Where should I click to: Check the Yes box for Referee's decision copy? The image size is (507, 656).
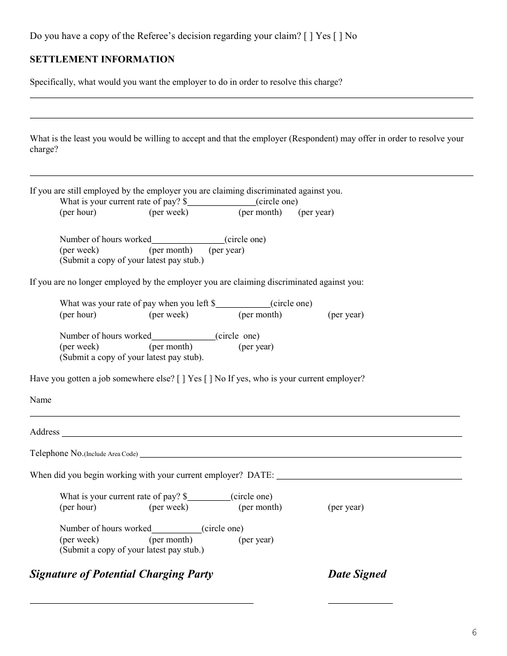pos(307,36)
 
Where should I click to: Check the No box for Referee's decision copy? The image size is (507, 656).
pos(337,36)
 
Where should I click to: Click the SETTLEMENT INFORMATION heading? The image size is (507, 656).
pos(102,60)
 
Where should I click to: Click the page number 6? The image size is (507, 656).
pos(474,633)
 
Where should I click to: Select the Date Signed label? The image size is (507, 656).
pos(357,574)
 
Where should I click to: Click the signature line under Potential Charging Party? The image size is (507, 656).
pos(141,603)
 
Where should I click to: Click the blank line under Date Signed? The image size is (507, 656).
pos(360,603)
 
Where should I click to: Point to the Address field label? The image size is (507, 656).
pos(45,432)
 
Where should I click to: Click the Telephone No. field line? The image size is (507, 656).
pos(300,457)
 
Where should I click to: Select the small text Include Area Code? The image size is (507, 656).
pos(111,454)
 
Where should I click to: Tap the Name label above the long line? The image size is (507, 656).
pos(41,400)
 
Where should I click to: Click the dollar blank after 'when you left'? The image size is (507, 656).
pos(243,307)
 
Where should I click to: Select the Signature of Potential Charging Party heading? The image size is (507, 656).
pos(121,574)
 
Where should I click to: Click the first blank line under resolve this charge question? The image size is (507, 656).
pos(251,97)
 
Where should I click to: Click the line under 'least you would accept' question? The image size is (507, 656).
pos(251,175)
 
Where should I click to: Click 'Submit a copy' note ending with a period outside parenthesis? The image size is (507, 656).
pos(131,357)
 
